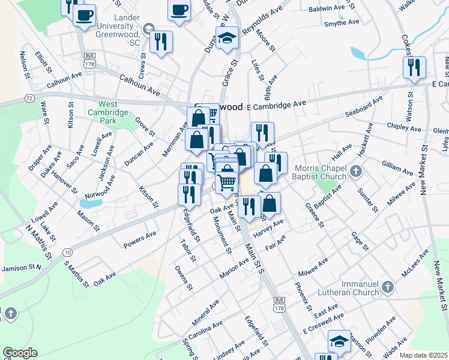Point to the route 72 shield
point(29,97)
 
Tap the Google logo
point(20,353)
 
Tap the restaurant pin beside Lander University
point(161,42)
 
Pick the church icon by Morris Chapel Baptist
point(356,172)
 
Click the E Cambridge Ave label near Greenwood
point(277,104)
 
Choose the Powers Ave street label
point(139,239)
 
